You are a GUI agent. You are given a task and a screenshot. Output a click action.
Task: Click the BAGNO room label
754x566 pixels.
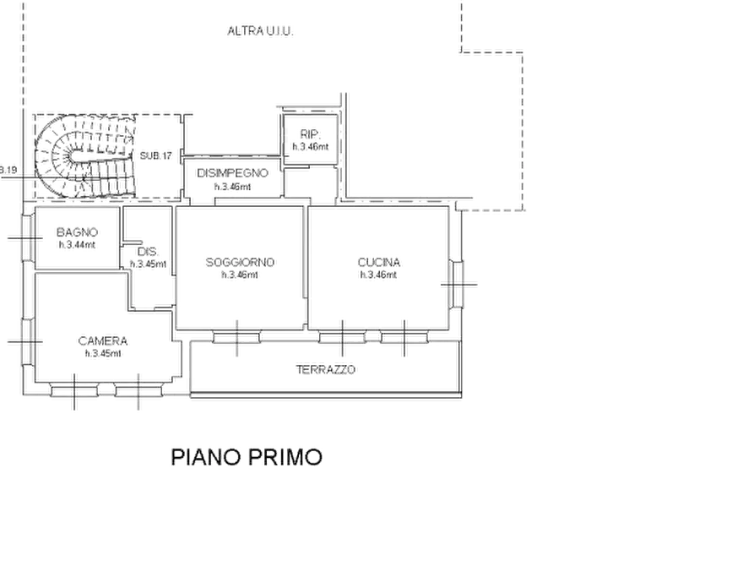point(77,232)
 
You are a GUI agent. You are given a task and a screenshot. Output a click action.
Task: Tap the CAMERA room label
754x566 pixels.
point(102,341)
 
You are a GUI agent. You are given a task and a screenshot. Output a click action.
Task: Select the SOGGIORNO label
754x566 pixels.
point(240,263)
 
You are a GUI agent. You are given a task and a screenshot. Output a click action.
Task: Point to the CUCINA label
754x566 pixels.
point(378,263)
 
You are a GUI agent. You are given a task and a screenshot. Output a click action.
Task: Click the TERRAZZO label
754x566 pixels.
point(326,370)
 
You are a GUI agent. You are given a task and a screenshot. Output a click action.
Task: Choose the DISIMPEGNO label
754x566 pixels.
point(232,173)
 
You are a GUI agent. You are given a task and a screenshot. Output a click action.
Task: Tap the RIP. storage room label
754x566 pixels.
point(310,134)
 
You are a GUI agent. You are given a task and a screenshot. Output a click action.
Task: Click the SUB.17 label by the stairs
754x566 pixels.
point(156,156)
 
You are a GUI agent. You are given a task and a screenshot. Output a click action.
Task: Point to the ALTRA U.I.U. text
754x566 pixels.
point(260,31)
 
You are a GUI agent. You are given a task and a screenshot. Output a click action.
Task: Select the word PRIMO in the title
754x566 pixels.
point(285,457)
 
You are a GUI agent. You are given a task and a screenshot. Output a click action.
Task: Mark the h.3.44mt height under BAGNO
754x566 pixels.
point(77,245)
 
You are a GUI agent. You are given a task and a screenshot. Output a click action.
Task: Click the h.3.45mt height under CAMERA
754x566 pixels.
point(103,354)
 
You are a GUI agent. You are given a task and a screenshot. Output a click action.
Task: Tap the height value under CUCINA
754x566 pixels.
point(378,275)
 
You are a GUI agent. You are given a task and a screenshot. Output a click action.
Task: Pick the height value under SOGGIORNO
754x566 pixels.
point(240,275)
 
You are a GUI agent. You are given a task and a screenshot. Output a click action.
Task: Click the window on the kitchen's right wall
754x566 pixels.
point(456,284)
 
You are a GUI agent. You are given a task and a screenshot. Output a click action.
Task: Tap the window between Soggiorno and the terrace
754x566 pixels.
point(236,337)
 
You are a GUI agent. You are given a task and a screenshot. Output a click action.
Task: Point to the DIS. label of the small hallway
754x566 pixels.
point(148,252)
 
